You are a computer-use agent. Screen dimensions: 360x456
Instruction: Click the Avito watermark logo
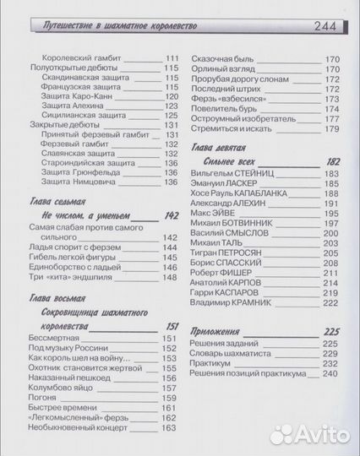point(308,436)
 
